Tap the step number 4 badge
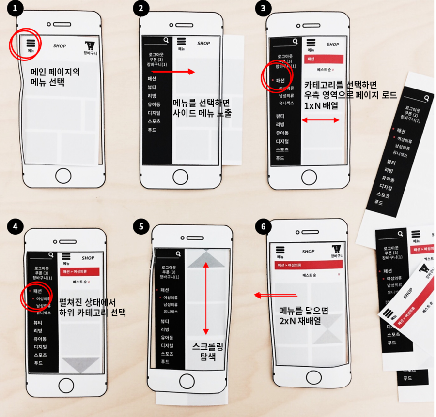click(16, 226)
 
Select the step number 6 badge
click(263, 227)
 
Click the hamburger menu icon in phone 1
click(31, 43)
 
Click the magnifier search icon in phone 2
click(166, 40)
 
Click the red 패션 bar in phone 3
click(324, 59)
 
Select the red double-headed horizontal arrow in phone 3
click(320, 120)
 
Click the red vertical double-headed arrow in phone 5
click(206, 298)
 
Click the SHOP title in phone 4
click(88, 258)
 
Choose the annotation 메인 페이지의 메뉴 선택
click(55, 77)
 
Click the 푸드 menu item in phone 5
click(165, 362)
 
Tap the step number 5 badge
click(141, 226)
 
